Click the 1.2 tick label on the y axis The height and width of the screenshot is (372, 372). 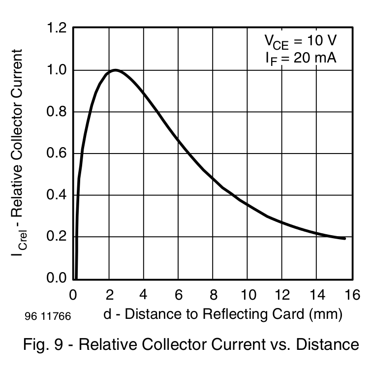pos(57,29)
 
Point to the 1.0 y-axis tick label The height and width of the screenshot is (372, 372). pos(57,70)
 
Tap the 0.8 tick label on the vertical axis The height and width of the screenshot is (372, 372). pos(57,112)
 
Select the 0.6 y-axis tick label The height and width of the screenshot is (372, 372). pos(57,154)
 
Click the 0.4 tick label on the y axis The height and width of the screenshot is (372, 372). pos(57,195)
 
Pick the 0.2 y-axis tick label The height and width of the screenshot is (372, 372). pos(57,237)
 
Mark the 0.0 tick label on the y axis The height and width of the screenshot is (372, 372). pos(57,279)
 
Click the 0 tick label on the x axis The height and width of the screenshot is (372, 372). pos(73,295)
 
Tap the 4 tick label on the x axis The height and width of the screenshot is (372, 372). pos(143,295)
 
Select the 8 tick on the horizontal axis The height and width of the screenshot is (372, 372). pos(213,295)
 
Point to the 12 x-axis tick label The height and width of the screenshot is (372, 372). pos(283,295)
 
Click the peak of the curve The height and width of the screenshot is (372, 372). pos(115,70)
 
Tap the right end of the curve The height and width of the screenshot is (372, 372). pos(345,238)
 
